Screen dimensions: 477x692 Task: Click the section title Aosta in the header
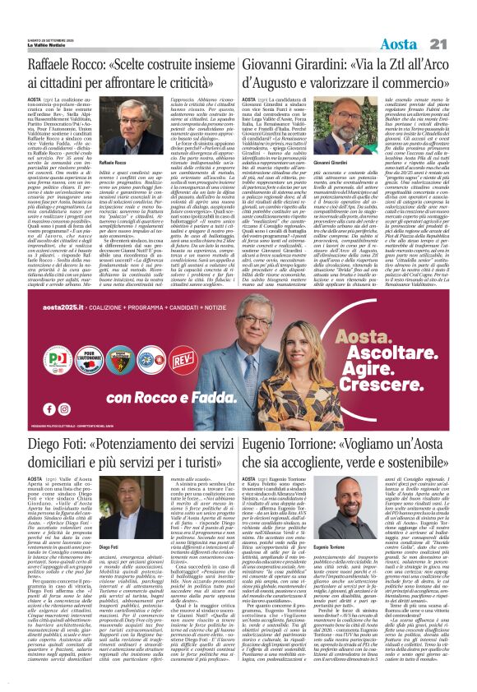(419, 21)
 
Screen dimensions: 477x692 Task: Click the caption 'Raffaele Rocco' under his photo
(113, 165)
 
